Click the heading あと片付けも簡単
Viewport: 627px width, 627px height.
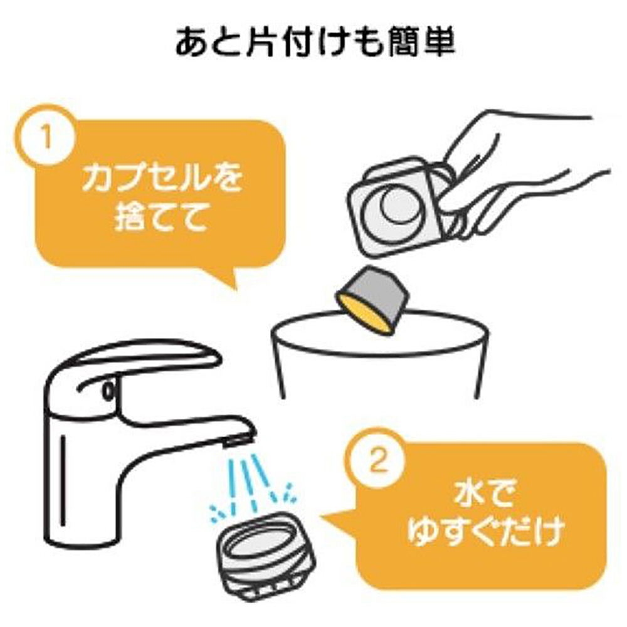(x=315, y=41)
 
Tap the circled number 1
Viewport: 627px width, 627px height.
(x=45, y=136)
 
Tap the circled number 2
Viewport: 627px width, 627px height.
(x=377, y=460)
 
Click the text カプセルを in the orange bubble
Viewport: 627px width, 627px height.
(x=162, y=177)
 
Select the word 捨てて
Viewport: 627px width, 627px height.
(x=162, y=217)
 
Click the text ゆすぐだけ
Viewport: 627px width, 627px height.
(x=485, y=532)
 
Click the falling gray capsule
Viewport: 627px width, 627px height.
(x=372, y=299)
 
